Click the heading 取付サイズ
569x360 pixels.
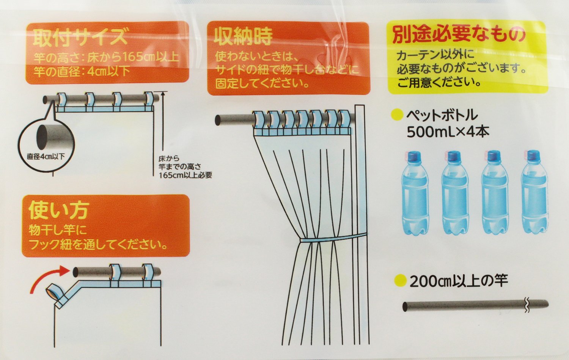pos(80,37)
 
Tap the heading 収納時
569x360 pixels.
pos(243,36)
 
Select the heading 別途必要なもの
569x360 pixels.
pos(458,35)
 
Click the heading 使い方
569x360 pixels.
pos(59,211)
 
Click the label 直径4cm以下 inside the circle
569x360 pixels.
pos(46,156)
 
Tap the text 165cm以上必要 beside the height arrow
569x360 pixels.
pos(185,175)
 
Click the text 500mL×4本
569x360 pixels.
pos(448,132)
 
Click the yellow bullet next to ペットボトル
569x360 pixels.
pos(398,115)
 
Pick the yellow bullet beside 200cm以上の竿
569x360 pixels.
pos(401,281)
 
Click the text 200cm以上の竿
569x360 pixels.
pos(459,281)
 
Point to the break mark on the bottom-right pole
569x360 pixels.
pos(527,305)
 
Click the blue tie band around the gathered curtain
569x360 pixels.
pos(333,239)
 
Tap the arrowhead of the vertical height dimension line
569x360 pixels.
pos(163,94)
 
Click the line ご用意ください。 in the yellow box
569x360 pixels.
pos(439,83)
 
